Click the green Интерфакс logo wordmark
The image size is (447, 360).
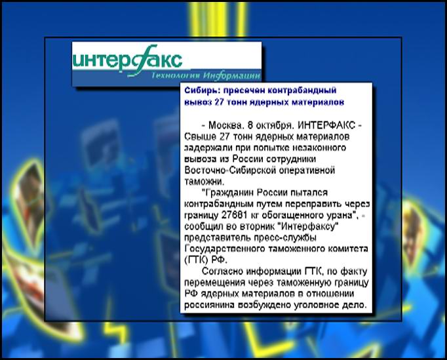click(128, 61)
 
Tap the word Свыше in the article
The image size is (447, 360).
click(200, 136)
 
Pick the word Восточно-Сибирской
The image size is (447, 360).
click(231, 170)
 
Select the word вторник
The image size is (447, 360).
click(258, 226)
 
